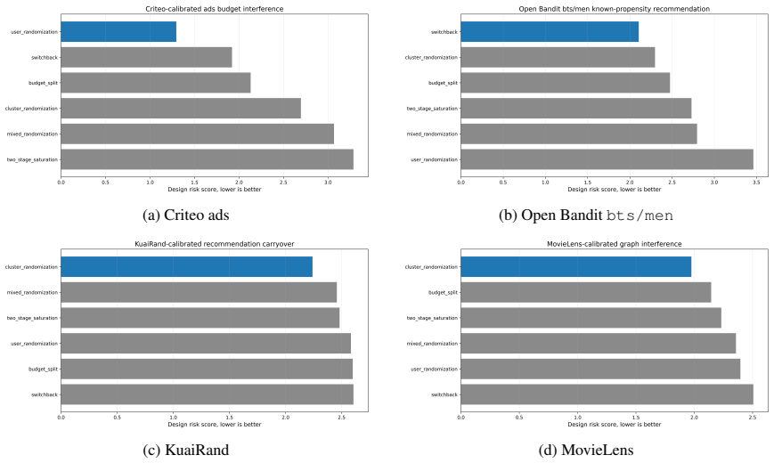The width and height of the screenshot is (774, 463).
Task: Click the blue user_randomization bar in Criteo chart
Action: pyautogui.click(x=118, y=31)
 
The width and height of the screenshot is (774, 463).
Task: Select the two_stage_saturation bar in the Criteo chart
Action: pyautogui.click(x=208, y=159)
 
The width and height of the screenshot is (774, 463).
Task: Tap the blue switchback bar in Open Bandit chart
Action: pyautogui.click(x=550, y=31)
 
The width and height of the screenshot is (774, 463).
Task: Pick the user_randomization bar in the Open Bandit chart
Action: pyautogui.click(x=607, y=159)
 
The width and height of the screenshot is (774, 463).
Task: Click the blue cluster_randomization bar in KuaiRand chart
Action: pyautogui.click(x=186, y=266)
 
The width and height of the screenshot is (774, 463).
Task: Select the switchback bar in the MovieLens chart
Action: pyautogui.click(x=607, y=394)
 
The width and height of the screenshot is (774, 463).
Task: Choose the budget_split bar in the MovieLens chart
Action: pyautogui.click(x=586, y=292)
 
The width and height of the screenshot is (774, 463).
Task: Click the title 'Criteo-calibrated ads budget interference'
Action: pyautogui.click(x=215, y=9)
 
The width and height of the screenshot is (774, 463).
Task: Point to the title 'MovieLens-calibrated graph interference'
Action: pyautogui.click(x=614, y=244)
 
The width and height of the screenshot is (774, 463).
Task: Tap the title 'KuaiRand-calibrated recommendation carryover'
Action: pyautogui.click(x=215, y=244)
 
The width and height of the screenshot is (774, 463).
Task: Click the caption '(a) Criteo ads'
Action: pyautogui.click(x=185, y=215)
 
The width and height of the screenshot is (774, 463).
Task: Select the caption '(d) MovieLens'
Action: pyautogui.click(x=585, y=451)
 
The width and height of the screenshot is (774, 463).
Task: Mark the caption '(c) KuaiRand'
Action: pyautogui.click(x=185, y=451)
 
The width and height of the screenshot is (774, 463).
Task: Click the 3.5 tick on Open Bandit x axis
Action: pyautogui.click(x=756, y=183)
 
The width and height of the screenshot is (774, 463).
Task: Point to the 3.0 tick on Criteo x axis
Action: pyautogui.click(x=328, y=183)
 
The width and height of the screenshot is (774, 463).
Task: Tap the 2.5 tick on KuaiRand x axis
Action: pyautogui.click(x=341, y=417)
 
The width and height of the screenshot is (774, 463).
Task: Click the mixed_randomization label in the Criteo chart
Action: pyautogui.click(x=32, y=134)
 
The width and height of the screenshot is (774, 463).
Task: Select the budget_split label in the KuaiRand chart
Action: pyautogui.click(x=43, y=370)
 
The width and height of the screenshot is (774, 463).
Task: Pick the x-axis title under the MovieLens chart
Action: pyautogui.click(x=614, y=425)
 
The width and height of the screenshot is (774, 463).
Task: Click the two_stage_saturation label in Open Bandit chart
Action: pyautogui.click(x=432, y=109)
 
